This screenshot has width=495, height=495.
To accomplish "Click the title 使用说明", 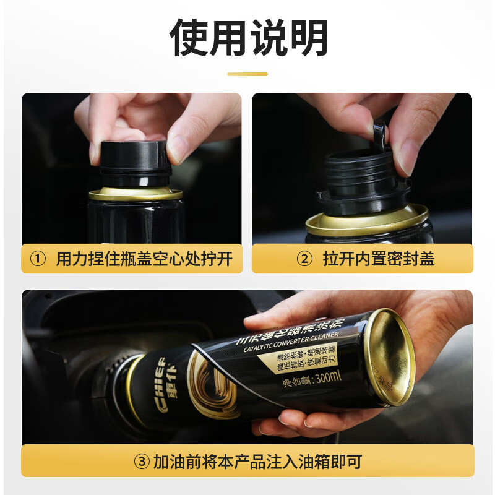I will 247,38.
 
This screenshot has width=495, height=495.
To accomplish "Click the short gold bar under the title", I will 247,74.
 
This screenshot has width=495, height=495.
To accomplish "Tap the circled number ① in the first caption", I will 38,259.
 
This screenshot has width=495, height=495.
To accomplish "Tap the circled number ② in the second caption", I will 304,259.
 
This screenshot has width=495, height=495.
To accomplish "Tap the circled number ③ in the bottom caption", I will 141,462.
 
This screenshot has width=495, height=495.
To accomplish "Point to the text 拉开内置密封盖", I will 379,259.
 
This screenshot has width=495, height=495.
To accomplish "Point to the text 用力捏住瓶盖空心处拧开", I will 144,259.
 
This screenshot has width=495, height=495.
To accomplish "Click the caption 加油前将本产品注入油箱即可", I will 257,462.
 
